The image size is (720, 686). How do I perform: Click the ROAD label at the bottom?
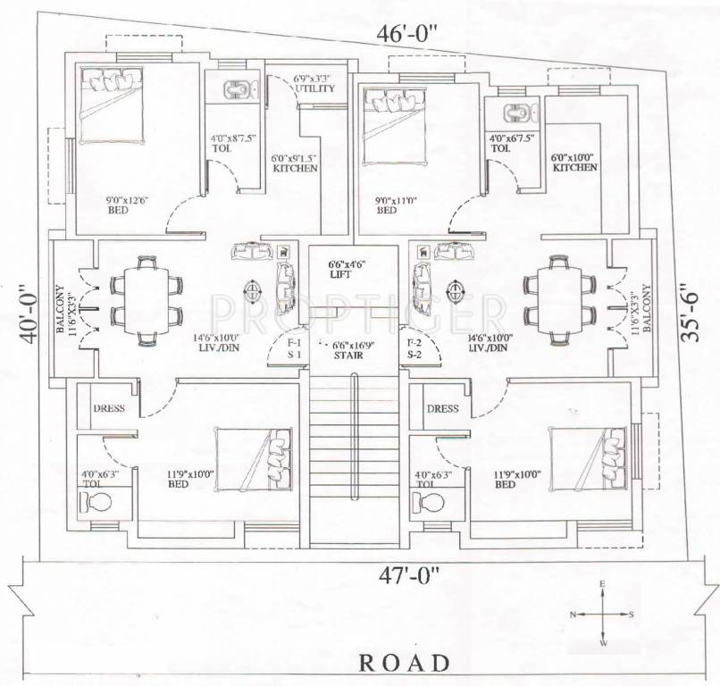(403, 663)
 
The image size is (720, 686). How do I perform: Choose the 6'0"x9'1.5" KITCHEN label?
(294, 163)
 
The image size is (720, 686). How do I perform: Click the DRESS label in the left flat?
(107, 409)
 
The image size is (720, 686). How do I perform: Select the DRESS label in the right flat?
(441, 409)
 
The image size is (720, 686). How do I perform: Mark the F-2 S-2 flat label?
(414, 349)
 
